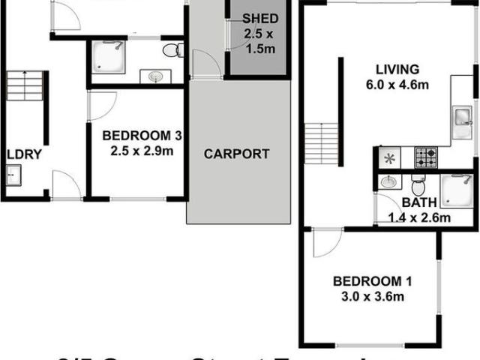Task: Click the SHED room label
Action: [x=260, y=19]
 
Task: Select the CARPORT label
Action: [x=237, y=154]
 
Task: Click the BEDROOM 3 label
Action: [x=142, y=136]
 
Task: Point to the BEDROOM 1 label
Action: [x=373, y=281]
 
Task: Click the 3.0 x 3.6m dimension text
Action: [x=373, y=296]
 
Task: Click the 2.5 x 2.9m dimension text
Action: [x=142, y=151]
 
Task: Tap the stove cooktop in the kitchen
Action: [x=427, y=157]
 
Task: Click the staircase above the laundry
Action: [x=27, y=86]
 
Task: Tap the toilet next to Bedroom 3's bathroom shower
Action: [x=172, y=51]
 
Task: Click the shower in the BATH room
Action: [x=456, y=189]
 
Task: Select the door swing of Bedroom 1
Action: [x=327, y=242]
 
